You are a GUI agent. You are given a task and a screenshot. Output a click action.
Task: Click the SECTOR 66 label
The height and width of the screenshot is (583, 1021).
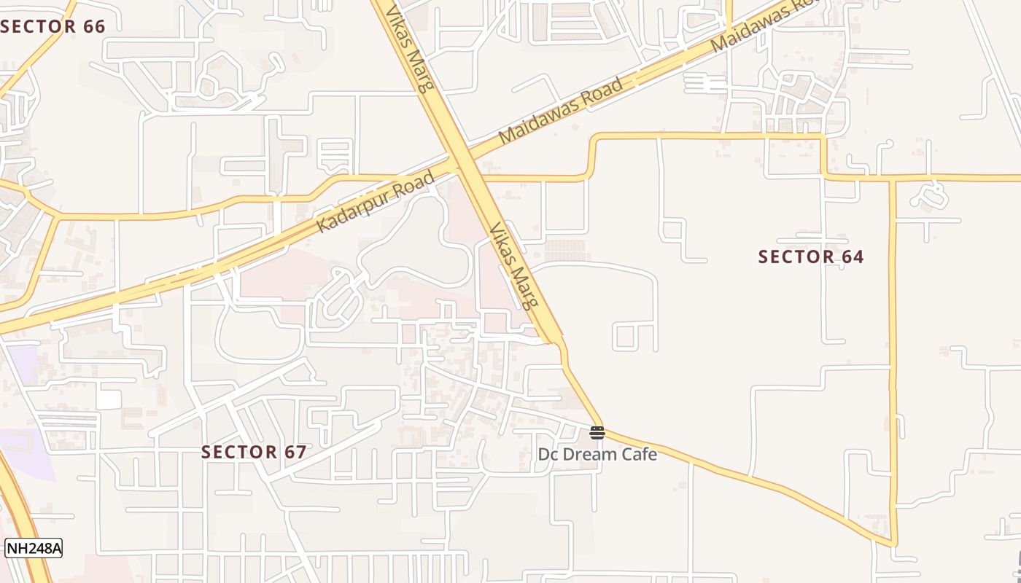[53, 27]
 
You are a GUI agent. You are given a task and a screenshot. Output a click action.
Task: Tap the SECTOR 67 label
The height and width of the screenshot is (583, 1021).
[254, 452]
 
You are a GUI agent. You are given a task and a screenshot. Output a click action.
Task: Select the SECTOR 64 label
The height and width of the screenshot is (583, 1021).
[811, 257]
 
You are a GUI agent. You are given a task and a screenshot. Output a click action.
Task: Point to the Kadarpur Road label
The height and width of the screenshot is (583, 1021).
[376, 202]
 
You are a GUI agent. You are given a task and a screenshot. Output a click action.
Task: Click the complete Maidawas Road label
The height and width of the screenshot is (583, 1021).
[562, 110]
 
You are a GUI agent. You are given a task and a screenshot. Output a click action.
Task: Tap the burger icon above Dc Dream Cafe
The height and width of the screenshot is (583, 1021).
[597, 434]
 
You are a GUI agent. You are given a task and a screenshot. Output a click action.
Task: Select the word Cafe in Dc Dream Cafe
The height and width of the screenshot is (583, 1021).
[640, 455]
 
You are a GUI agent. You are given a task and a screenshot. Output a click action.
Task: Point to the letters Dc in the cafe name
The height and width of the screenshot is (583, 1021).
[548, 455]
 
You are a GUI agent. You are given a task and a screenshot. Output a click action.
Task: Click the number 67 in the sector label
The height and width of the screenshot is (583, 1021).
[295, 452]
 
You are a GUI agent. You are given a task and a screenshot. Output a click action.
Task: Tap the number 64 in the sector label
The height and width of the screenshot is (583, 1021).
[852, 257]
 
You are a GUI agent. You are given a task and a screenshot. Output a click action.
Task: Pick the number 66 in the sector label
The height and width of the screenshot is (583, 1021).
[94, 27]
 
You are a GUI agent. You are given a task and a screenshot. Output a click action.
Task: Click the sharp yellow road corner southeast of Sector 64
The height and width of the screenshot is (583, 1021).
[895, 544]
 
